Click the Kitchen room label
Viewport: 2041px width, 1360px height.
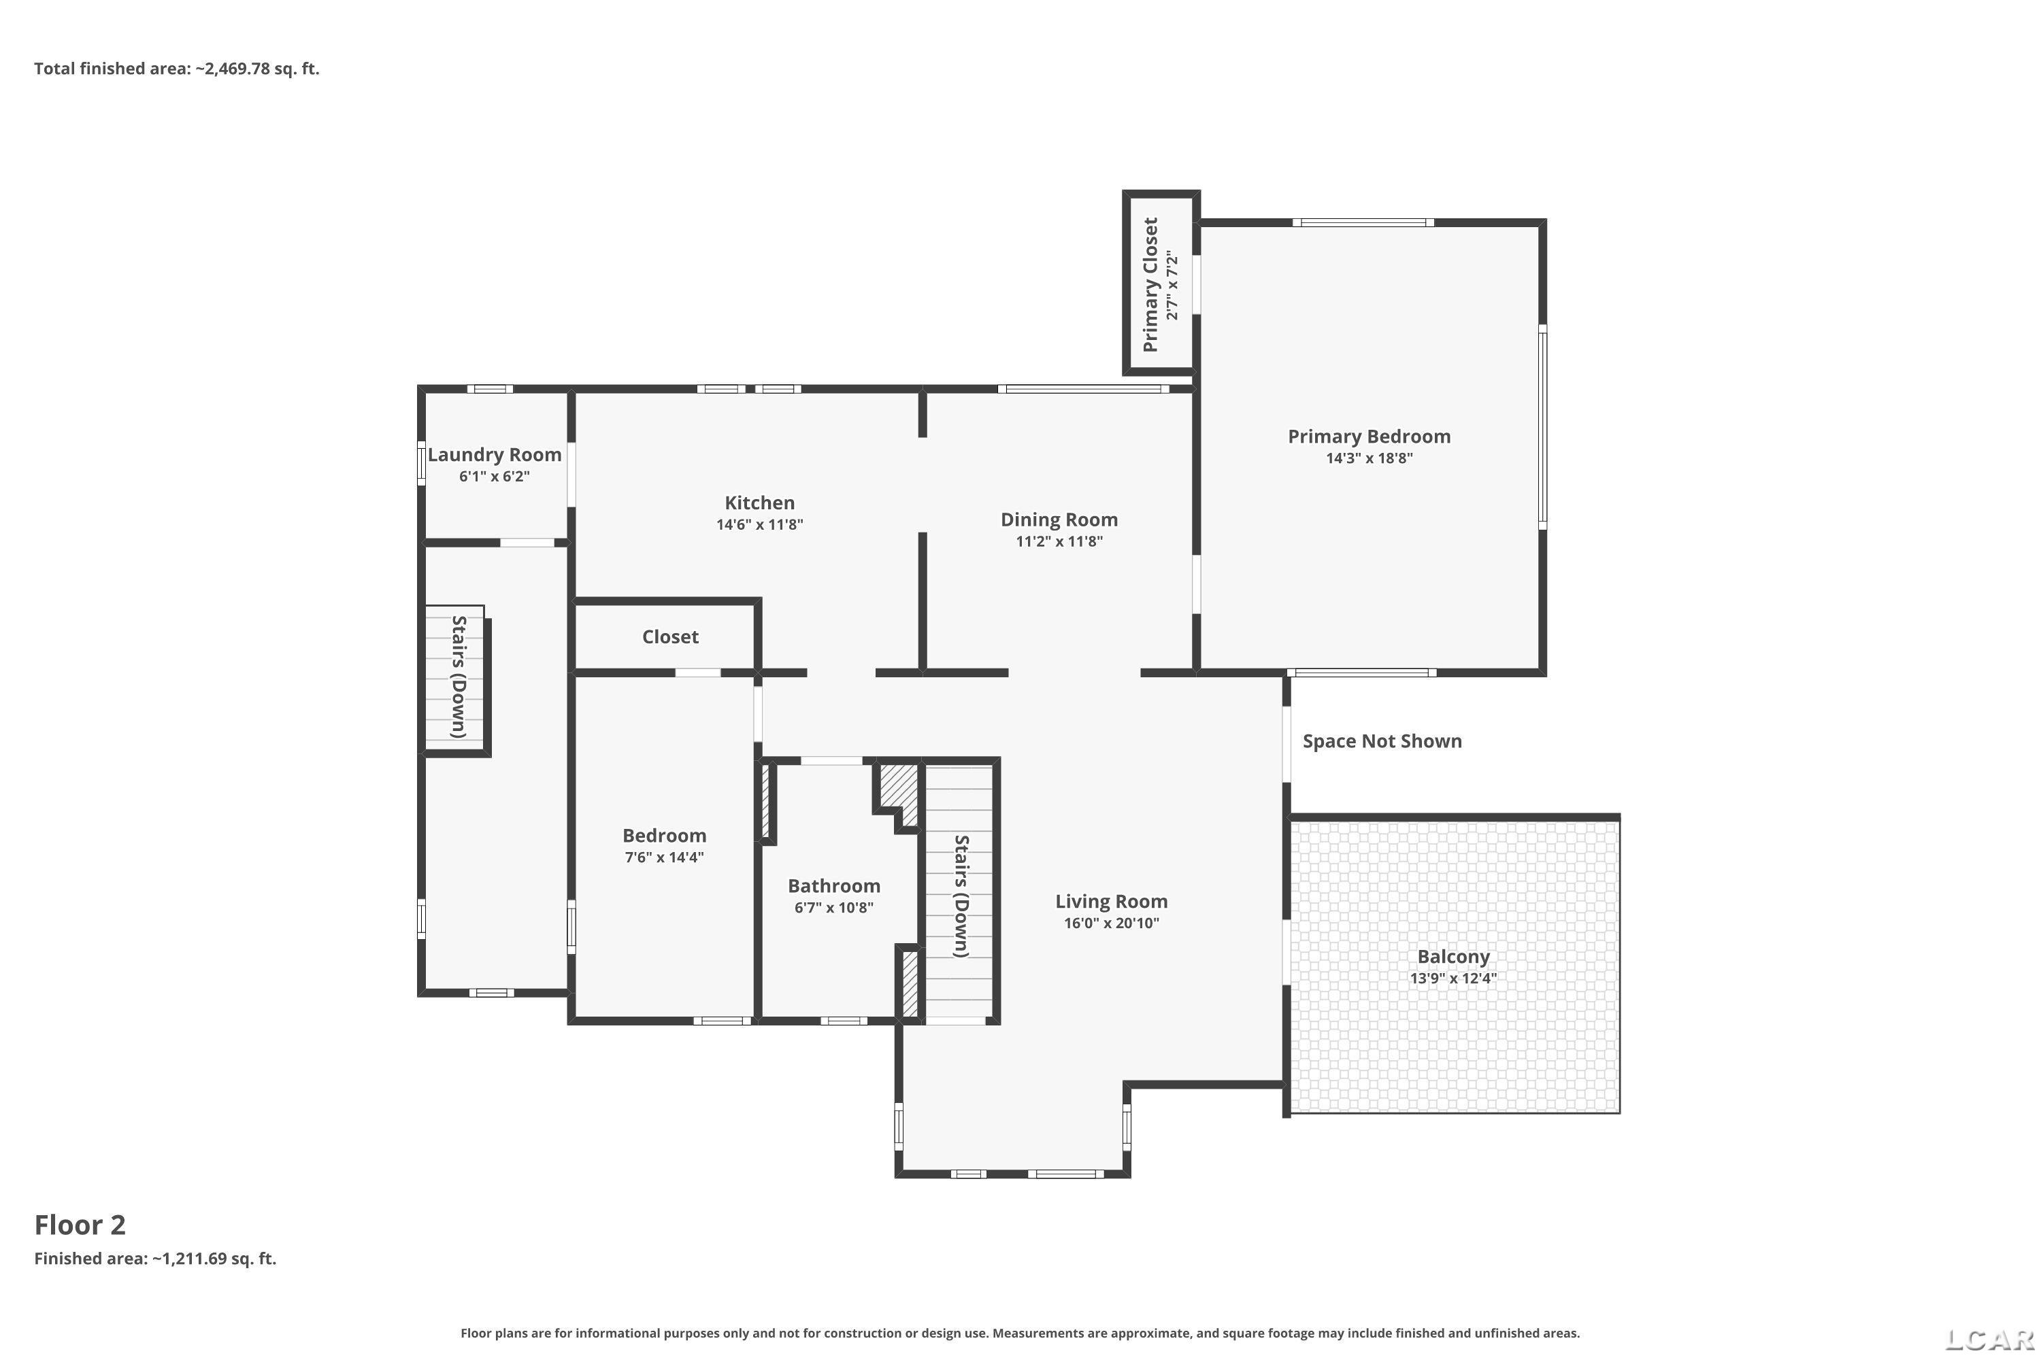(x=759, y=503)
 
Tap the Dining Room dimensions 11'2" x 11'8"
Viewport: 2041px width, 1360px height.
(x=1059, y=541)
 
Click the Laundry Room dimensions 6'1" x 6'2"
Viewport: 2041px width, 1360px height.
(x=494, y=476)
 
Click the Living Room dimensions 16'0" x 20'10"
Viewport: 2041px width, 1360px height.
(x=1111, y=923)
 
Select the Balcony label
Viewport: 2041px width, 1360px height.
(x=1453, y=957)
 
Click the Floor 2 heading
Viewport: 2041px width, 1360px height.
(x=80, y=1225)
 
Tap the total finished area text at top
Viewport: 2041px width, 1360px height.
(x=177, y=69)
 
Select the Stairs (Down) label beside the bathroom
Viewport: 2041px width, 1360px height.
(x=961, y=896)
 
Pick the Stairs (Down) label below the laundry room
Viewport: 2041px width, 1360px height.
(x=459, y=677)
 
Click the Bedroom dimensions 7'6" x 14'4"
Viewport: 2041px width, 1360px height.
(x=664, y=857)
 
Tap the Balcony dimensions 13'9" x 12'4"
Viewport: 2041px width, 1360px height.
(x=1453, y=979)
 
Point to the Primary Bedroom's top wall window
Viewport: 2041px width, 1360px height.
(x=1363, y=223)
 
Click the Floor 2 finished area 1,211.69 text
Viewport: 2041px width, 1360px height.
(x=155, y=1259)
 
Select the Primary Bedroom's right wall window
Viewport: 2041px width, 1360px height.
(x=1542, y=427)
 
